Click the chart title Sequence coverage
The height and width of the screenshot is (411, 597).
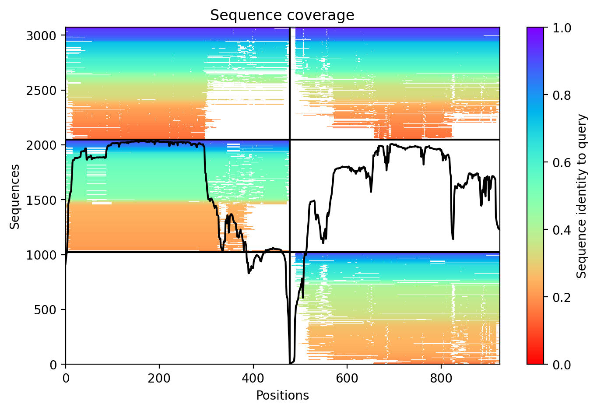282,15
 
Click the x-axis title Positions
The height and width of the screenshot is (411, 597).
282,396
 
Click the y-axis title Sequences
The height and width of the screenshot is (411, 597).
15,196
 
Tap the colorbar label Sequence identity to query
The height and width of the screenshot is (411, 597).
581,196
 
